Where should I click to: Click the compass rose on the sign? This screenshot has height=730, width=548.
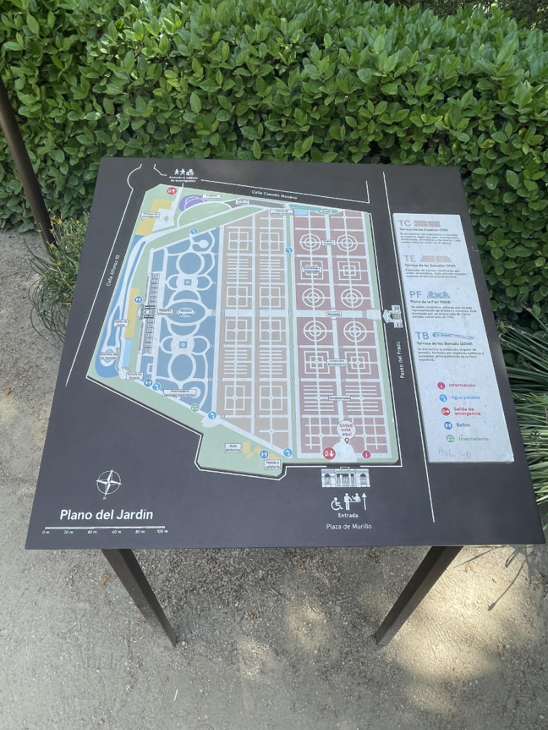(108, 482)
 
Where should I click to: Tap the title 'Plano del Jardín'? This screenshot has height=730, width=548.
(106, 514)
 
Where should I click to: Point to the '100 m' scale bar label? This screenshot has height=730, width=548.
(162, 532)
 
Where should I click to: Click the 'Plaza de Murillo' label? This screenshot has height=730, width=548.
(349, 526)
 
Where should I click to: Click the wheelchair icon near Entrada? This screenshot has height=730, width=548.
(336, 503)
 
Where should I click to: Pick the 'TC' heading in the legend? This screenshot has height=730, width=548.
(404, 223)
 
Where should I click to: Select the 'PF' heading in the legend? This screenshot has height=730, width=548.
(416, 294)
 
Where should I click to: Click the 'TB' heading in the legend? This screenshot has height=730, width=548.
(421, 336)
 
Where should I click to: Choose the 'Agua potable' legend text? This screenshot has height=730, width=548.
(468, 398)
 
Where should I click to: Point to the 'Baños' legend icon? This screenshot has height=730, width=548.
(447, 425)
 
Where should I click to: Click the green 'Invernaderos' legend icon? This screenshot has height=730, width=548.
(449, 439)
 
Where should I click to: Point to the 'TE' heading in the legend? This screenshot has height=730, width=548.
(410, 259)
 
